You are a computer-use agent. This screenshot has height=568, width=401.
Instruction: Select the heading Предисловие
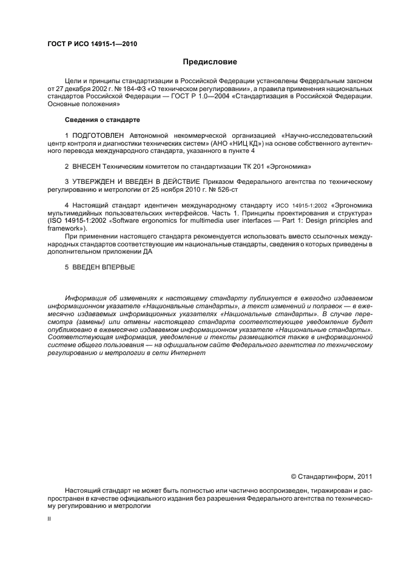click(x=210, y=62)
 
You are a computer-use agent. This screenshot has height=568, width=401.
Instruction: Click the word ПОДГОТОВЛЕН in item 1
click(x=98, y=135)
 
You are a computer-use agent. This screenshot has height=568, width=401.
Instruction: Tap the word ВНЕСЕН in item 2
click(x=87, y=166)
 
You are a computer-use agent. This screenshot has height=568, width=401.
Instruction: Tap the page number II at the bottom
click(x=50, y=519)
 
